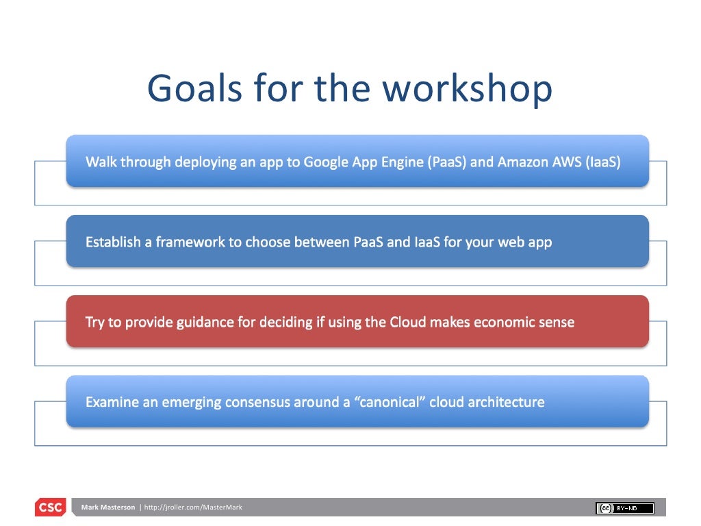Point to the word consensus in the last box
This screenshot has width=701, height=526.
coord(257,403)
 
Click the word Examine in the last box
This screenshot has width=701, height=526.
coord(112,403)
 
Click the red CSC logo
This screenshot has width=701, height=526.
coord(50,508)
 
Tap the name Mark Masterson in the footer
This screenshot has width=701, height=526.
coord(107,508)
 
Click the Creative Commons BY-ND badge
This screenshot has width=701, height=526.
coord(625,508)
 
